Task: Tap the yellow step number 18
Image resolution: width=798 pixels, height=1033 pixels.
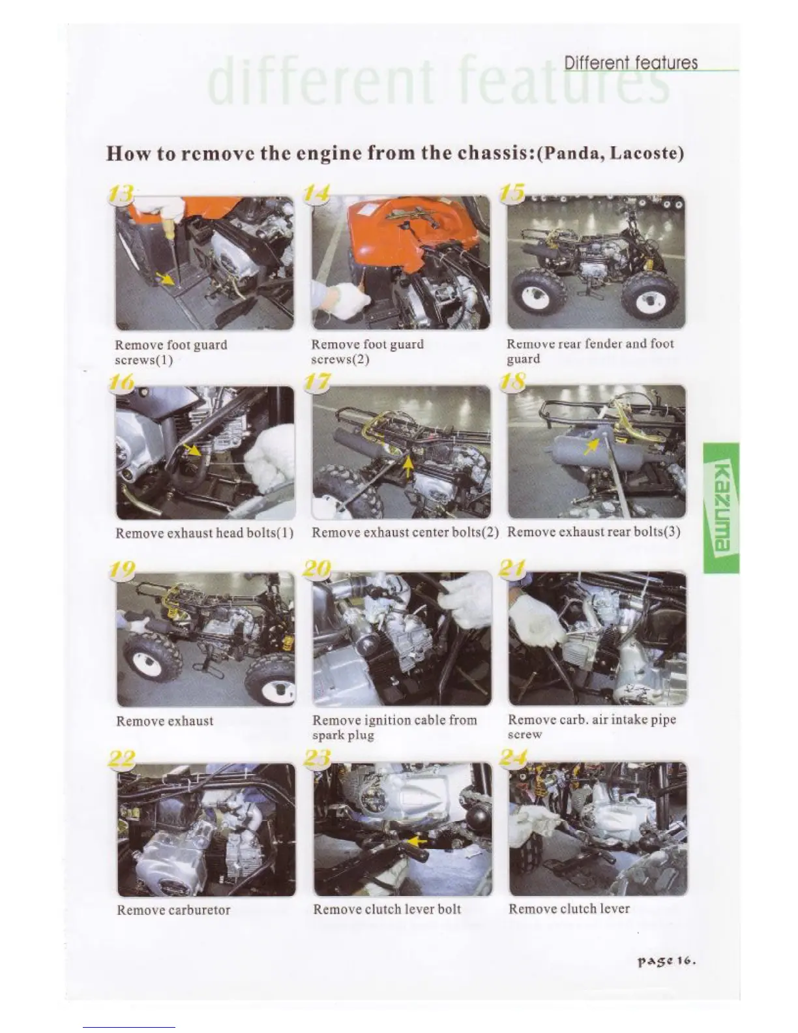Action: (513, 382)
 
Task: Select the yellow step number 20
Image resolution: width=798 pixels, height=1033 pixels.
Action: (318, 569)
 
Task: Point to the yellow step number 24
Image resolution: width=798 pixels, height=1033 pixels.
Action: (513, 756)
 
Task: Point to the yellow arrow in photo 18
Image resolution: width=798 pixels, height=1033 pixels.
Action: (591, 446)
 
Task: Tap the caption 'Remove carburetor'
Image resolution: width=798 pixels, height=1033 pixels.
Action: (173, 910)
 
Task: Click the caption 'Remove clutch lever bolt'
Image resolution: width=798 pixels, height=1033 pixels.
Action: (387, 909)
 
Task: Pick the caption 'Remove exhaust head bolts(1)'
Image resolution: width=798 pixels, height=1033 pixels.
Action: (205, 533)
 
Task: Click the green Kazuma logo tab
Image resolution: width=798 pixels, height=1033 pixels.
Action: (721, 508)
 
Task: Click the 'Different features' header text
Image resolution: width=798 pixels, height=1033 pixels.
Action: (630, 63)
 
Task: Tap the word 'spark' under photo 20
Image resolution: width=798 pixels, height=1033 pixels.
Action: (328, 736)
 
